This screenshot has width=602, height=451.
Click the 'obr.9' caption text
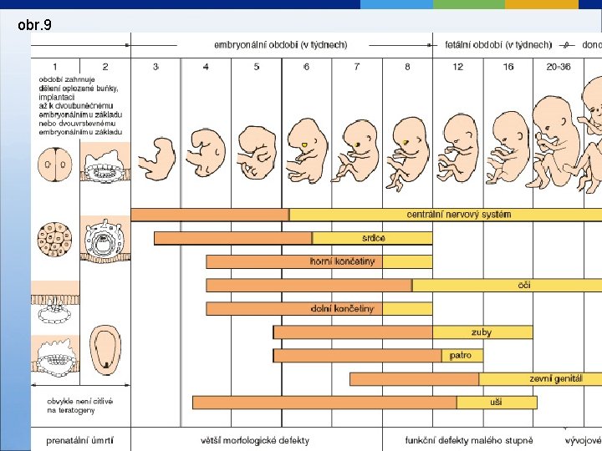pyautogui.click(x=35, y=26)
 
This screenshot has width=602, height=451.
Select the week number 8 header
pyautogui.click(x=407, y=66)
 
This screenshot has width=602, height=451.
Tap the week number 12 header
pyautogui.click(x=457, y=66)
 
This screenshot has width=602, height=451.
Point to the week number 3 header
pyautogui.click(x=156, y=66)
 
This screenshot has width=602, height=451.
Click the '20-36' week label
pyautogui.click(x=558, y=66)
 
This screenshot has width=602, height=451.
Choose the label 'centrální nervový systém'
pyautogui.click(x=459, y=215)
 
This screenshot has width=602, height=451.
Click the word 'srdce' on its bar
pyautogui.click(x=374, y=238)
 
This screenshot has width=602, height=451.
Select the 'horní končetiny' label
pyautogui.click(x=343, y=261)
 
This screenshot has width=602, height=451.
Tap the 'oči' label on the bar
pyautogui.click(x=524, y=285)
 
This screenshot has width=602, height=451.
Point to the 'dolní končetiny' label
pyautogui.click(x=342, y=308)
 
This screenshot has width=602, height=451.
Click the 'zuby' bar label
pyautogui.click(x=482, y=332)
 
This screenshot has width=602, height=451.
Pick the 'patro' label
pyautogui.click(x=461, y=356)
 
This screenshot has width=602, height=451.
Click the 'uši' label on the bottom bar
pyautogui.click(x=496, y=403)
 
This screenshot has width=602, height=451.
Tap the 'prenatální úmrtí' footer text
pyautogui.click(x=79, y=440)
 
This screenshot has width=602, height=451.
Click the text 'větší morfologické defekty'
pyautogui.click(x=255, y=440)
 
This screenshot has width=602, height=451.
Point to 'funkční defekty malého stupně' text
pyautogui.click(x=469, y=440)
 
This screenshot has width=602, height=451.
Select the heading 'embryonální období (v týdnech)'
pyautogui.click(x=280, y=44)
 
